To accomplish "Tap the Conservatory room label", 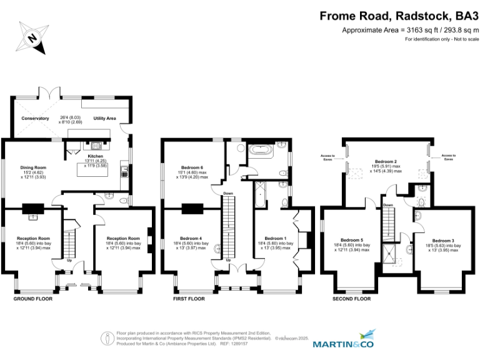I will (35, 118).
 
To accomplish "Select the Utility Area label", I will (105, 117).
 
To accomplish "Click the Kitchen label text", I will (95, 156).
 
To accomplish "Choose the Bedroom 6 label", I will (192, 167).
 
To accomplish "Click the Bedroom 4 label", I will (191, 238).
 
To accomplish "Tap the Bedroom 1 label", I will (275, 238).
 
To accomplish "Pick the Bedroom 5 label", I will (352, 240).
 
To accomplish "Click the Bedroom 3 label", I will (443, 240).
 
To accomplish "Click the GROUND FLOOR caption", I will (33, 299).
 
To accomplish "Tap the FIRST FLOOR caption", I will (189, 299).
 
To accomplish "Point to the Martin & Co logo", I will (342, 342).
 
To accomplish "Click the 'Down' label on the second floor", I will (388, 205).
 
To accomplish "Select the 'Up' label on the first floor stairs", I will (228, 261).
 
